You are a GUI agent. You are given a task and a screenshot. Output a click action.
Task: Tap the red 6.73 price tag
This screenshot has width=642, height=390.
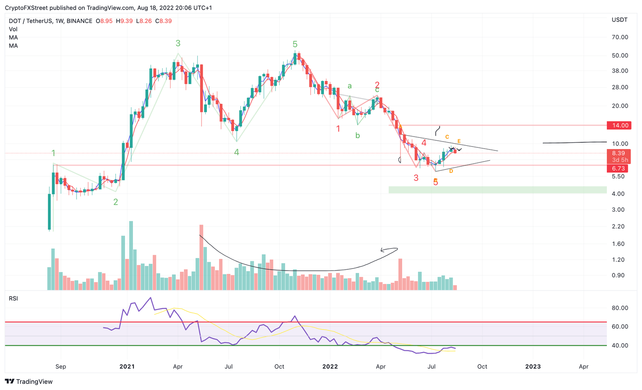pyautogui.click(x=619, y=168)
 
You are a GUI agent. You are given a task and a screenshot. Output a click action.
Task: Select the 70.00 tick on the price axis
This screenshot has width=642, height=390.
pyautogui.click(x=620, y=37)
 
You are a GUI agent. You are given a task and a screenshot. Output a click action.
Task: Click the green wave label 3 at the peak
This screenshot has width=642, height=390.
pyautogui.click(x=178, y=43)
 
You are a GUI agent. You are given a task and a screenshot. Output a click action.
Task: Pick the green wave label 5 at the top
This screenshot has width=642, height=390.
pyautogui.click(x=295, y=44)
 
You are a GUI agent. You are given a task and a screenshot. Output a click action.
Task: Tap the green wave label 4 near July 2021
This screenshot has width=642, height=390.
pyautogui.click(x=237, y=152)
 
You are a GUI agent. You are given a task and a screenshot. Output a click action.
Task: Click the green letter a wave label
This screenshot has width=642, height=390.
pyautogui.click(x=350, y=86)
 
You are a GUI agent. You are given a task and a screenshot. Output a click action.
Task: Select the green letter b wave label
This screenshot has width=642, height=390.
pyautogui.click(x=357, y=135)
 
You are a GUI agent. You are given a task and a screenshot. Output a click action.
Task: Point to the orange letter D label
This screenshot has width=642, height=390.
pyautogui.click(x=451, y=171)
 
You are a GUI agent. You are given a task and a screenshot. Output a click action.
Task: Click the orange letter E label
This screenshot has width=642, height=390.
pyautogui.click(x=459, y=142)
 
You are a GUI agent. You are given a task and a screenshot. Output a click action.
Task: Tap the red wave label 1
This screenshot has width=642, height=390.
pyautogui.click(x=338, y=129)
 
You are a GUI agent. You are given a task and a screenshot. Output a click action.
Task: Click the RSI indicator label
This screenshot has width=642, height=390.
pyautogui.click(x=13, y=299)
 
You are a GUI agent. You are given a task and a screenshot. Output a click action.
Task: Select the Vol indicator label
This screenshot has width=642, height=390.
pyautogui.click(x=13, y=29)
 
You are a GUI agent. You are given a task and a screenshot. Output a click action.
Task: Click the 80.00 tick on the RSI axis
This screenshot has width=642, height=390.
pyautogui.click(x=620, y=308)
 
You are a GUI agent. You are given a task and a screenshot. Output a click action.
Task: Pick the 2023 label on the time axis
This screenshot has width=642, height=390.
pyautogui.click(x=533, y=367)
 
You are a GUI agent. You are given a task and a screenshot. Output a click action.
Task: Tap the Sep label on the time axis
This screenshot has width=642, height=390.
pyautogui.click(x=61, y=367)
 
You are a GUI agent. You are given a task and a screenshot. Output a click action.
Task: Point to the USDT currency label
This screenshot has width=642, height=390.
pyautogui.click(x=619, y=20)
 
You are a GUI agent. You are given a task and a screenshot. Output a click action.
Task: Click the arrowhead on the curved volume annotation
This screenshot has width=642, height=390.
pyautogui.click(x=382, y=251)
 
